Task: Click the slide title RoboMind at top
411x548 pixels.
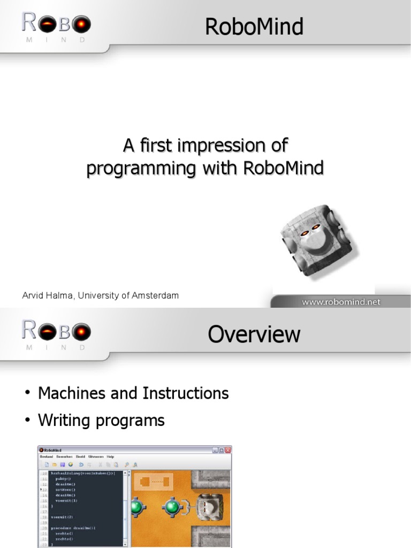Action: click(x=254, y=26)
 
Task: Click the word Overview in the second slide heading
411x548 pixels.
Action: click(x=254, y=334)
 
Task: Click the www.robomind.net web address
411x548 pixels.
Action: click(x=341, y=302)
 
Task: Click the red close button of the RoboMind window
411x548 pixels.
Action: click(x=227, y=450)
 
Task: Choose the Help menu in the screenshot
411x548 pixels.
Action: click(x=110, y=456)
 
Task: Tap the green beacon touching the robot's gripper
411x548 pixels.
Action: click(x=173, y=506)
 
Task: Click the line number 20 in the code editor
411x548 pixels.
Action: click(x=45, y=528)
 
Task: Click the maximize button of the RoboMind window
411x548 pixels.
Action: click(x=221, y=450)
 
